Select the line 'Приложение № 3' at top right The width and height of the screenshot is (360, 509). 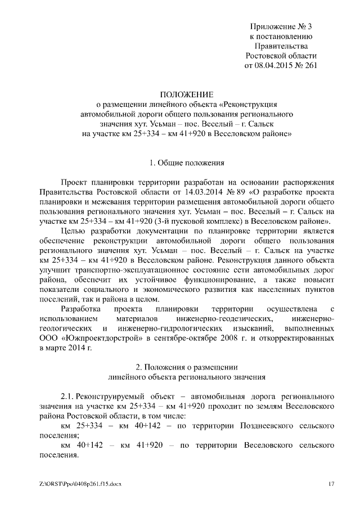[281, 26]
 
